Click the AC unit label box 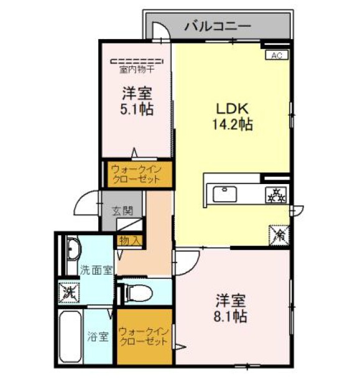277,55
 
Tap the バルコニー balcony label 218,25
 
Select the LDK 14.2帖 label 233,116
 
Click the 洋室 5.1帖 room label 137,101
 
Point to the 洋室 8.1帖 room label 231,308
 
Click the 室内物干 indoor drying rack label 137,70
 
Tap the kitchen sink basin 225,194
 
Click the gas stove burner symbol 276,195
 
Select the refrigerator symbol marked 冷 279,235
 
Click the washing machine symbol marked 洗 69,292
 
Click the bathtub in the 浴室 70,336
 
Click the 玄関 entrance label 122,211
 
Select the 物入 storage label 130,241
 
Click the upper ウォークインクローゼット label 136,174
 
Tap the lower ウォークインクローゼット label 144,336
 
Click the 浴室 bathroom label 98,336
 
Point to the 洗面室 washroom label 96,270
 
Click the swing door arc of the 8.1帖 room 193,267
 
